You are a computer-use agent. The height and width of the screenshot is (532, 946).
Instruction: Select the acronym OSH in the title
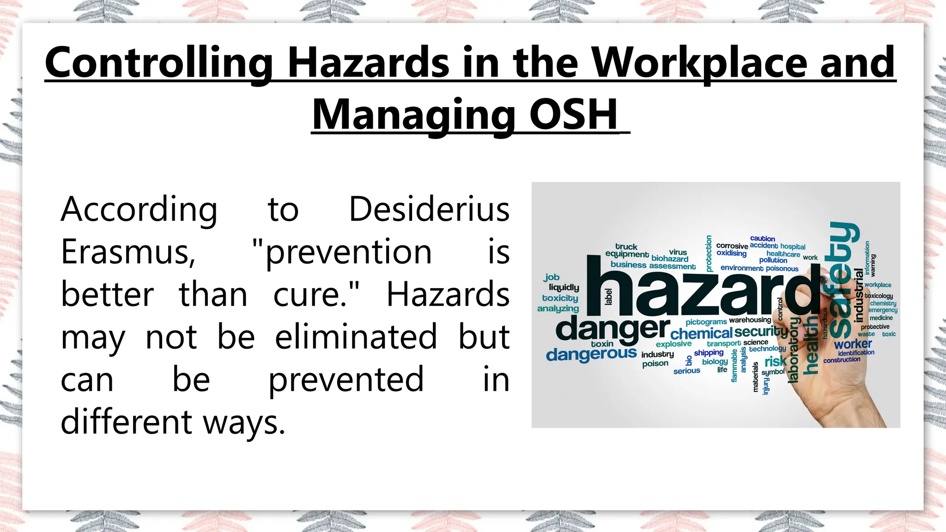(x=573, y=115)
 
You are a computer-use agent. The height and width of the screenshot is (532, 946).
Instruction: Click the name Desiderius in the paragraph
(x=429, y=209)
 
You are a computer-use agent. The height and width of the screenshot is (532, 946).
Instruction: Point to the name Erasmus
(x=128, y=252)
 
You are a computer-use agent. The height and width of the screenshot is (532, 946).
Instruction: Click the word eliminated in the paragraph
(x=356, y=337)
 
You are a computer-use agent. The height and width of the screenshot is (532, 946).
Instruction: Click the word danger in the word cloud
(x=612, y=329)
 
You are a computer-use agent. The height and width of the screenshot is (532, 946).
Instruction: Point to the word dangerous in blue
(x=591, y=354)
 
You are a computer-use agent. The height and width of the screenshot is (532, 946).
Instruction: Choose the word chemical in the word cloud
(x=701, y=333)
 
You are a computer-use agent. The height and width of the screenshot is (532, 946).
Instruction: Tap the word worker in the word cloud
(x=853, y=344)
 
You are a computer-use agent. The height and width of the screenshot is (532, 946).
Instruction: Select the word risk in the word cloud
(x=776, y=361)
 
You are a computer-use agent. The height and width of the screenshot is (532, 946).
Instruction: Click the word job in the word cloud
(x=552, y=277)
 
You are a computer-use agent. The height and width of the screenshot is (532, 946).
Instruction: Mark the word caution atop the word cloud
(x=762, y=239)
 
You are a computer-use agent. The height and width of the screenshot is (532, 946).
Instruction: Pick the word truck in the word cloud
(x=626, y=247)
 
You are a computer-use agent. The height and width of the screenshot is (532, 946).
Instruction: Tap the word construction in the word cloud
(x=842, y=360)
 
